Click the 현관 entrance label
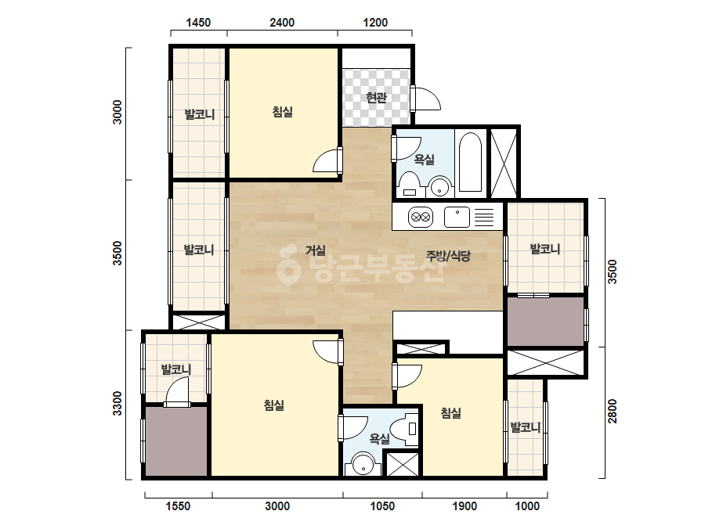(x=376, y=98)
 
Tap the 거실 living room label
(x=316, y=250)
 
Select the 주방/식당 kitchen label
(x=448, y=256)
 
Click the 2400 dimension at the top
(x=282, y=22)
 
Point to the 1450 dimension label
(x=198, y=22)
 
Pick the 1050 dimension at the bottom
(x=382, y=506)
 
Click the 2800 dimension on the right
(x=612, y=411)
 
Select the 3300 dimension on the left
(x=117, y=403)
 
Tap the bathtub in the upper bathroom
(x=470, y=162)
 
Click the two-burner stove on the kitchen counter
(x=421, y=217)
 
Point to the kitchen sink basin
(x=457, y=217)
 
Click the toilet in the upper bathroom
(x=409, y=185)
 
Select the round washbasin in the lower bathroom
(x=363, y=465)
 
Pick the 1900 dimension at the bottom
(x=465, y=506)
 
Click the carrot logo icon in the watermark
(x=288, y=265)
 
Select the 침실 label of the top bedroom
(x=282, y=112)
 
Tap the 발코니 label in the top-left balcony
(x=199, y=113)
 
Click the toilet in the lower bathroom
(x=406, y=430)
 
